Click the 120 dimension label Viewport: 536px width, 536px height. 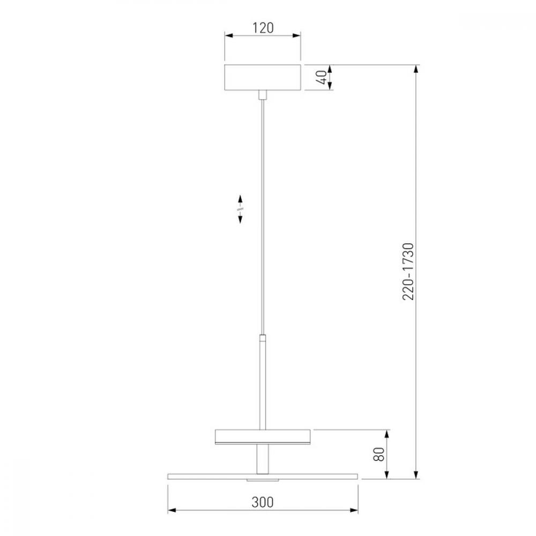coord(263,28)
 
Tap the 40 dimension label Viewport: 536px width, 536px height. coord(321,77)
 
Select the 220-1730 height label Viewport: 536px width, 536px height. coord(408,272)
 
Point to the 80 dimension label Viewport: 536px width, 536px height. coord(379,454)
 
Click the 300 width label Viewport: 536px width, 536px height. coord(263,502)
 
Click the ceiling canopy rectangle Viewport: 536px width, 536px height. coord(263,77)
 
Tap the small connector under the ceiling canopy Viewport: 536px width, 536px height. coord(263,95)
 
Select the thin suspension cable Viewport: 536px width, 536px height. coord(263,217)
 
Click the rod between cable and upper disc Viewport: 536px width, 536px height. coord(263,382)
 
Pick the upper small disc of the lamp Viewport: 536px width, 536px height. coord(263,437)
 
